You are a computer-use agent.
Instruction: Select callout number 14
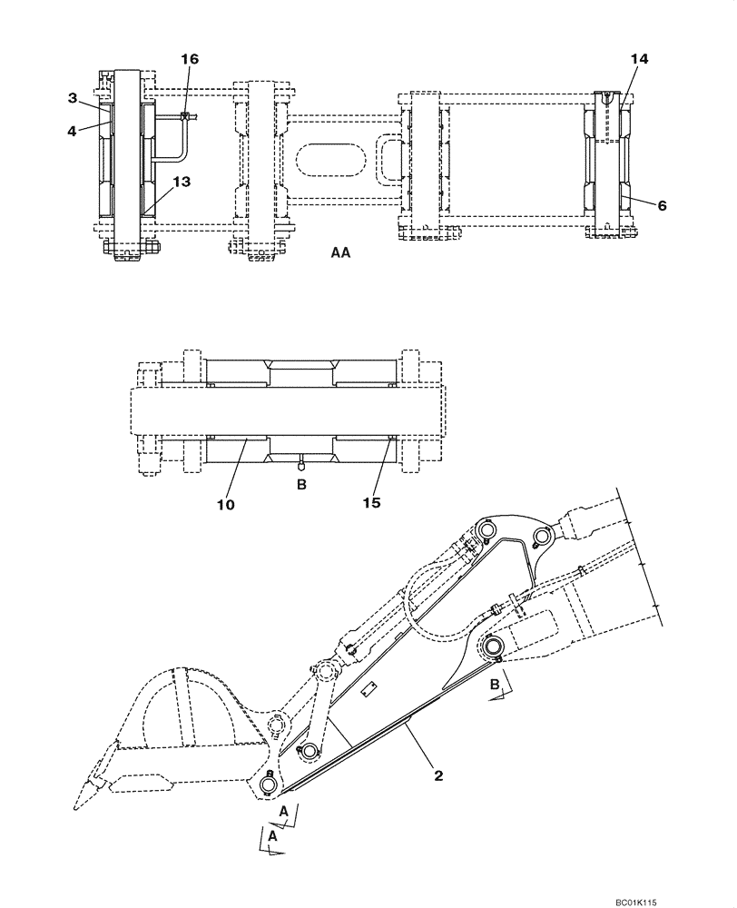click(640, 58)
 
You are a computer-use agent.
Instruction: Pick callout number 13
click(182, 182)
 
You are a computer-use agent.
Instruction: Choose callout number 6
click(662, 205)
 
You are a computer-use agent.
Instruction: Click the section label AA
click(341, 255)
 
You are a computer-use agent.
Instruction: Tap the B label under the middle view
click(302, 485)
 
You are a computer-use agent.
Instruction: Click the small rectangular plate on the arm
click(368, 692)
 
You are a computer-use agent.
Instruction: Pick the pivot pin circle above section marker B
click(493, 646)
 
